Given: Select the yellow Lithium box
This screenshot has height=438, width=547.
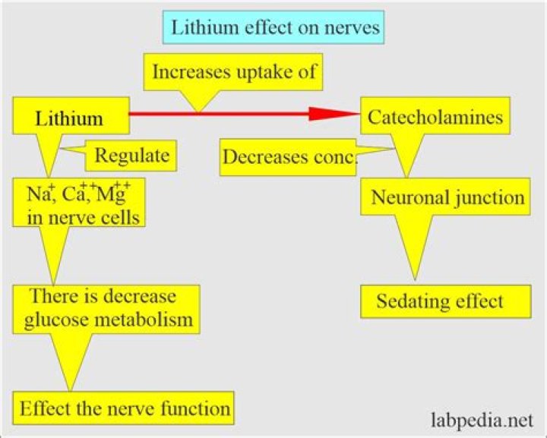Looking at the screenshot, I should [69, 118].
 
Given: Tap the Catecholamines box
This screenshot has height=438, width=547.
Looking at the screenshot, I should [434, 117].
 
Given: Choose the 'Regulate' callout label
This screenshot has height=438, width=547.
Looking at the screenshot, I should [131, 157].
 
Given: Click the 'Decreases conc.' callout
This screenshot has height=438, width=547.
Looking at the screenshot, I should [289, 157].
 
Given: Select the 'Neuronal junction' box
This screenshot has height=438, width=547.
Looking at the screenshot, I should [447, 198].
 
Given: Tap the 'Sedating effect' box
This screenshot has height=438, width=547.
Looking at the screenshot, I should [440, 301].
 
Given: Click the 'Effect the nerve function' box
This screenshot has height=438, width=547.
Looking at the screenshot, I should [125, 408].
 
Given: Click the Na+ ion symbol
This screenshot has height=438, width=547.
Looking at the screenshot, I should [33, 197].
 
